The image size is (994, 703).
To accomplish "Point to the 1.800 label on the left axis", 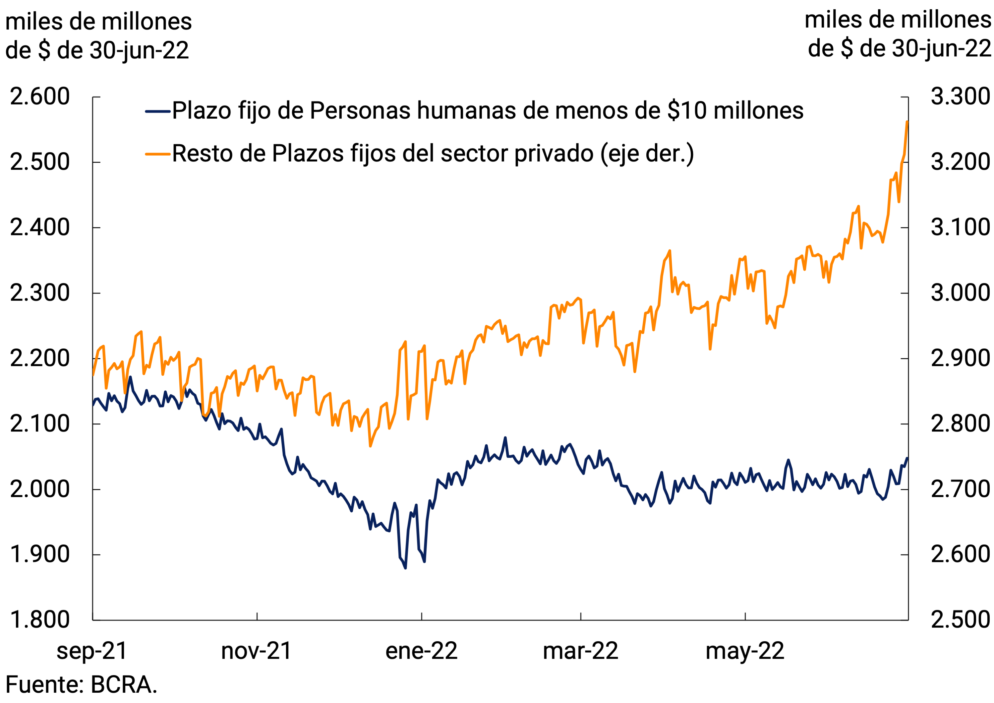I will click(x=39, y=619).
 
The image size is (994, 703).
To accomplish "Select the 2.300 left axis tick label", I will click(x=39, y=293).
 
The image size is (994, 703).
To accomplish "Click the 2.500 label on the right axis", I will click(x=960, y=619).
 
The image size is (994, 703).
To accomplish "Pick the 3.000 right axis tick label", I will click(x=960, y=293).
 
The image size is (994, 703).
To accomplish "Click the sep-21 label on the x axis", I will click(x=92, y=651).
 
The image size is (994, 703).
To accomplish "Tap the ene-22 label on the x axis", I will click(x=421, y=651).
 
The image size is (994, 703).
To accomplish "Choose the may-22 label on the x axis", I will click(x=745, y=651).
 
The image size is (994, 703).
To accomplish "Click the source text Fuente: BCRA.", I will click(x=81, y=685).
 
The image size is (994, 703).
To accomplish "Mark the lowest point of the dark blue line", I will click(x=405, y=568).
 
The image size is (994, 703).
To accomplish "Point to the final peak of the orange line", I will click(x=907, y=122).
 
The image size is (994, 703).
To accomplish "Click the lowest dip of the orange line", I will click(x=370, y=446).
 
